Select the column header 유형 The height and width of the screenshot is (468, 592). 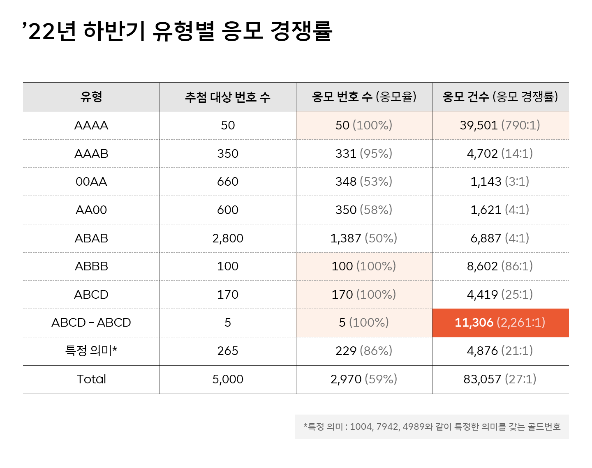[x=91, y=97]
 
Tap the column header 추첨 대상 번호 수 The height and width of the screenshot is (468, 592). [x=228, y=97]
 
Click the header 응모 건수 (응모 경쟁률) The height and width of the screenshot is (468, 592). [x=500, y=97]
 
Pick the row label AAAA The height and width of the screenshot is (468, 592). [x=91, y=125]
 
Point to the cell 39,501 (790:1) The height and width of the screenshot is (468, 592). [x=500, y=125]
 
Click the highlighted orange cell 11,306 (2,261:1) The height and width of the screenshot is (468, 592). [x=500, y=323]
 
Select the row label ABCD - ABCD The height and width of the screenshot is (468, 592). [x=91, y=323]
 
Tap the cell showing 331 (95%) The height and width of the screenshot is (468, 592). [x=364, y=154]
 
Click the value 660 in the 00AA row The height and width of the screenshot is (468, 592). [x=228, y=182]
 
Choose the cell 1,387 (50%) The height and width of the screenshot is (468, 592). [x=364, y=238]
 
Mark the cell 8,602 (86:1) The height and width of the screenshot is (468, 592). [x=500, y=266]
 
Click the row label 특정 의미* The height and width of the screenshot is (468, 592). [x=91, y=351]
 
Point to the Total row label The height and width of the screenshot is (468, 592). [x=91, y=379]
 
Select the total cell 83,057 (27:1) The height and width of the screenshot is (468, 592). [x=500, y=379]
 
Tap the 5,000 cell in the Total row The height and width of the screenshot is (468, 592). [x=228, y=379]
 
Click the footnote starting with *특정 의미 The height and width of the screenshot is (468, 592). [x=432, y=427]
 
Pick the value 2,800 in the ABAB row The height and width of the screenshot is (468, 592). [x=228, y=238]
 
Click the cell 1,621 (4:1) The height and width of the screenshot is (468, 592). [x=500, y=210]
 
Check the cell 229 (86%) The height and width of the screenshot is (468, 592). [x=364, y=351]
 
